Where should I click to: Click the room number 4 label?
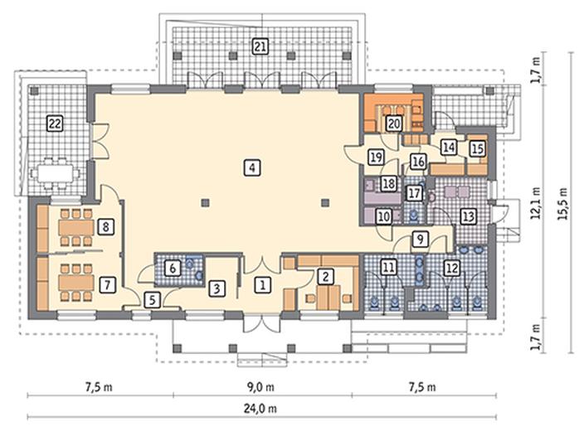pyautogui.click(x=252, y=167)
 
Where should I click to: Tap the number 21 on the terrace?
pyautogui.click(x=260, y=46)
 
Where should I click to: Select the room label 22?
pyautogui.click(x=55, y=123)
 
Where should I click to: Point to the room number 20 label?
pyautogui.click(x=394, y=123)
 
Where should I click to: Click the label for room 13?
pyautogui.click(x=469, y=216)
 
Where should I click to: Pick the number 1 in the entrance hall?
pyautogui.click(x=263, y=285)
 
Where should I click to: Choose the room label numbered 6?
pyautogui.click(x=173, y=268)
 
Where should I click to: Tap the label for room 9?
pyautogui.click(x=420, y=240)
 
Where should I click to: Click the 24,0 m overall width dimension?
pyautogui.click(x=260, y=409)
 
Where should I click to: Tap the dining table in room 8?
pyautogui.click(x=76, y=227)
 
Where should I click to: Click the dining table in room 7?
pyautogui.click(x=76, y=283)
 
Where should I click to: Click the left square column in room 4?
pyautogui.click(x=205, y=203)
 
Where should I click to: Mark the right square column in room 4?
pyautogui.click(x=325, y=203)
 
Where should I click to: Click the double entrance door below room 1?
pyautogui.click(x=263, y=323)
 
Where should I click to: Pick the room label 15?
pyautogui.click(x=477, y=149)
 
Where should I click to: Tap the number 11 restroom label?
pyautogui.click(x=388, y=267)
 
